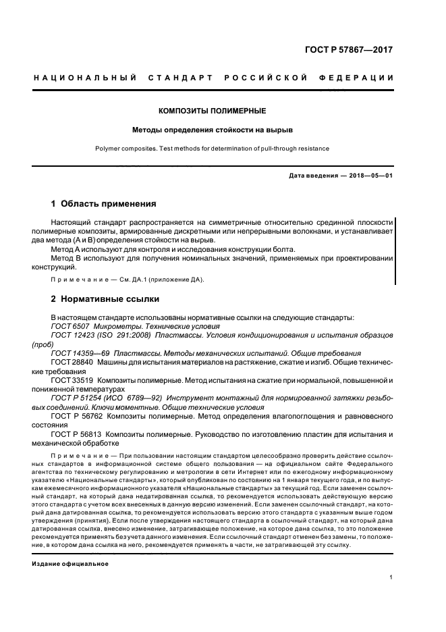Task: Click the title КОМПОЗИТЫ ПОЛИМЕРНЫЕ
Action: click(212, 110)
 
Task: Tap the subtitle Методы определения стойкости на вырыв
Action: click(212, 128)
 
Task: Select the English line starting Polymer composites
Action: click(212, 149)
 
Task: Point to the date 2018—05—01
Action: click(370, 176)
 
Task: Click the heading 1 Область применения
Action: click(104, 203)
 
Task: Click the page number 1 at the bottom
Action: click(391, 578)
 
